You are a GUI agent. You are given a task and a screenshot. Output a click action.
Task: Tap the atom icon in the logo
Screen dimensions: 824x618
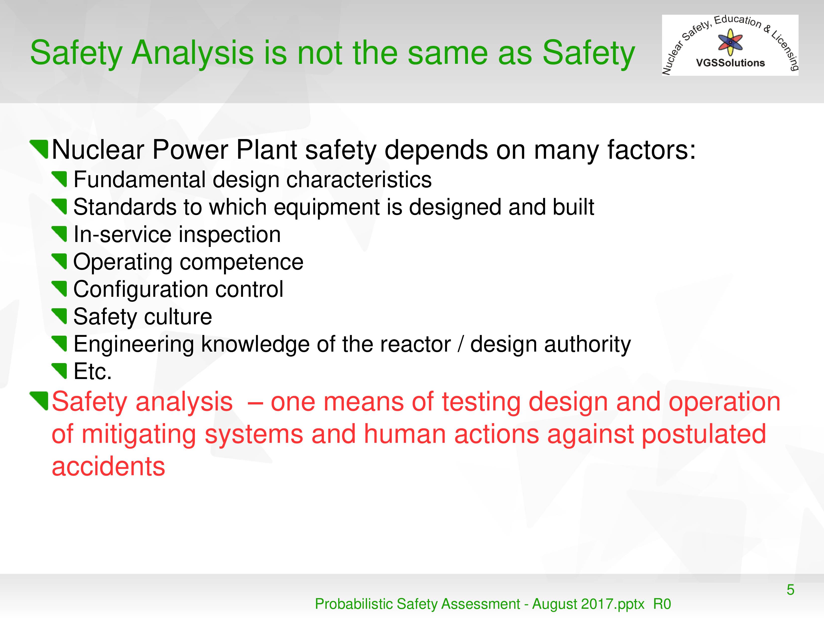pyautogui.click(x=730, y=42)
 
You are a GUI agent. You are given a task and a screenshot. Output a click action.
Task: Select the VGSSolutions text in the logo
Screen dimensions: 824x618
pyautogui.click(x=731, y=63)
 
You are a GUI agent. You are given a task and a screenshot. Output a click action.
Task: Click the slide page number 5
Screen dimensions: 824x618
pyautogui.click(x=790, y=590)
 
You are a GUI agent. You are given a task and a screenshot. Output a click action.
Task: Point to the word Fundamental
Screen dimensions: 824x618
pyautogui.click(x=139, y=180)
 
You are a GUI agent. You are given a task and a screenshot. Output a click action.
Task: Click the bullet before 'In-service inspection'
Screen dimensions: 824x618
pyautogui.click(x=59, y=234)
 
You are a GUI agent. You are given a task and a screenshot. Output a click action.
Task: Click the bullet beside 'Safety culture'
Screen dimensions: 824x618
pyautogui.click(x=59, y=316)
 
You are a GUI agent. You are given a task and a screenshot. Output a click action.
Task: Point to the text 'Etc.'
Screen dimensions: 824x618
pyautogui.click(x=93, y=371)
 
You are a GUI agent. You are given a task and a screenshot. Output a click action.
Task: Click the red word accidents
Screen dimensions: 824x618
pyautogui.click(x=108, y=467)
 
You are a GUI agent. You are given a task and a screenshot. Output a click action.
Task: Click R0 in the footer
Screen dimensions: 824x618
pyautogui.click(x=662, y=604)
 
